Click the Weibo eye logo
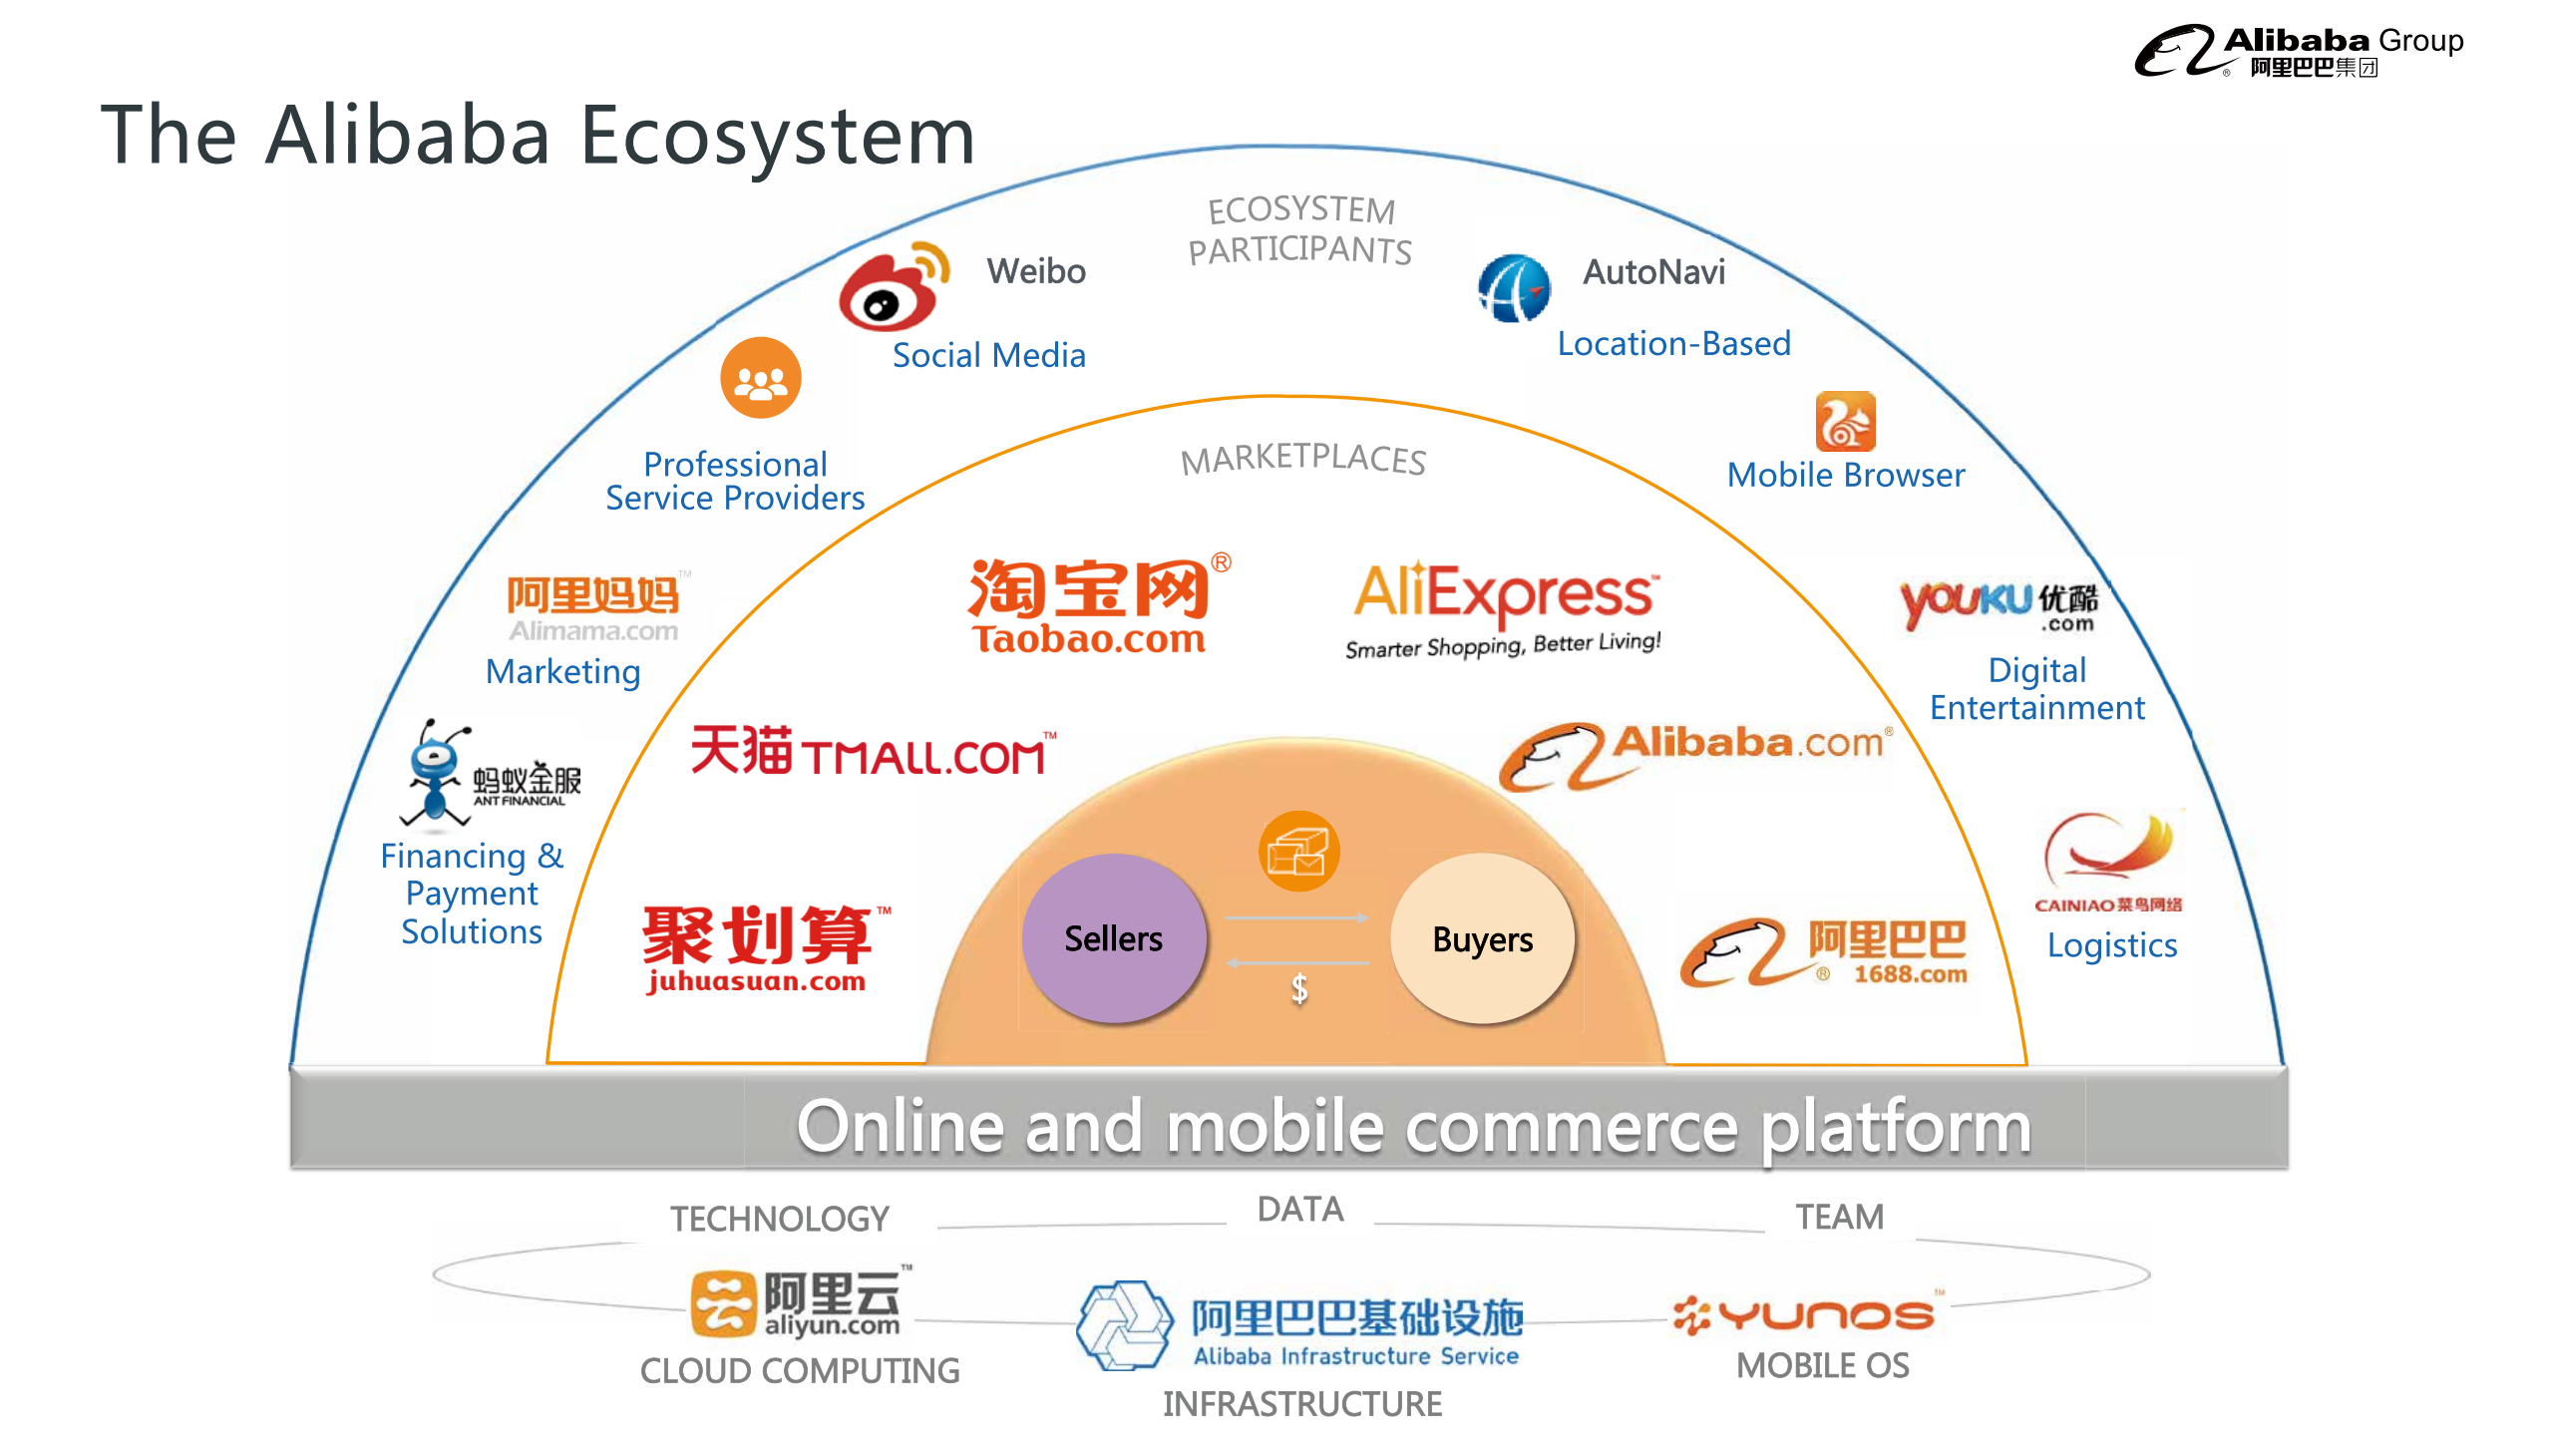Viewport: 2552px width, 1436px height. (x=889, y=291)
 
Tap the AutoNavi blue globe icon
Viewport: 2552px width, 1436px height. (x=1514, y=288)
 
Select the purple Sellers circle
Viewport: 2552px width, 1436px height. (x=1113, y=938)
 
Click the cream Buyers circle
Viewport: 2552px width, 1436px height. (x=1482, y=938)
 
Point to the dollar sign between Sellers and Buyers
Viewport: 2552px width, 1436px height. (x=1298, y=989)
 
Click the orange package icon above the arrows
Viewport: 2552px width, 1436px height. (x=1298, y=851)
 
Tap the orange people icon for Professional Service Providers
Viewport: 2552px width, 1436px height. (x=761, y=378)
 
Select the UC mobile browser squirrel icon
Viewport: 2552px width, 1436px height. (x=1845, y=422)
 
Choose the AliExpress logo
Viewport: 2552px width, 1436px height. (x=1504, y=606)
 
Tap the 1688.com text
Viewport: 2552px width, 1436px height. (x=1910, y=974)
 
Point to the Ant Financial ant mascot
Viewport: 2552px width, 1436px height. (x=435, y=773)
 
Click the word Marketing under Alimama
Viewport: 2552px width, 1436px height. (x=562, y=672)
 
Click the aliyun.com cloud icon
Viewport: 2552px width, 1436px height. (x=723, y=1303)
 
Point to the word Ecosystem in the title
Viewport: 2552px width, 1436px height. (x=777, y=136)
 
